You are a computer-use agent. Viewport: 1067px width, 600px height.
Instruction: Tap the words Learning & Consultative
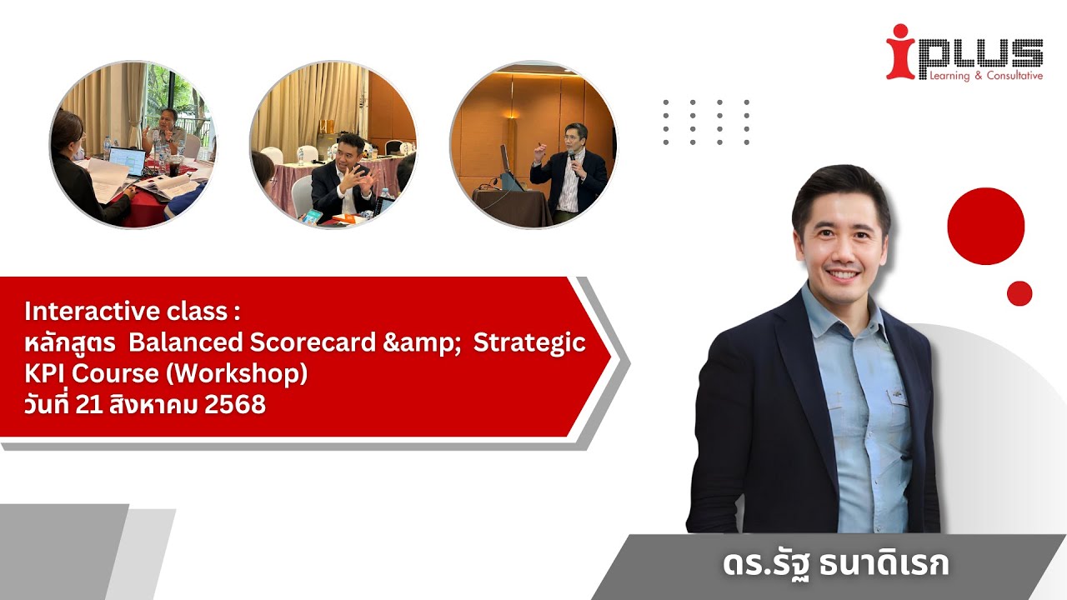pyautogui.click(x=980, y=76)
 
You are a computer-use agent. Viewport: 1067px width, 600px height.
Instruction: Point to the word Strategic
pyautogui.click(x=529, y=343)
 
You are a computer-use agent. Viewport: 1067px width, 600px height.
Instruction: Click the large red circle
pyautogui.click(x=985, y=226)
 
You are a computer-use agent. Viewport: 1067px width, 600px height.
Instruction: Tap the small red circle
pyautogui.click(x=1019, y=293)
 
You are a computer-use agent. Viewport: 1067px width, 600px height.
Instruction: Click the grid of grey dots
pyautogui.click(x=706, y=122)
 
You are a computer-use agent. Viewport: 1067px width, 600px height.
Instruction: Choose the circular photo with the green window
pyautogui.click(x=133, y=144)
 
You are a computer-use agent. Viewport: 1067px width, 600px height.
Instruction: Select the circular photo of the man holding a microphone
pyautogui.click(x=533, y=144)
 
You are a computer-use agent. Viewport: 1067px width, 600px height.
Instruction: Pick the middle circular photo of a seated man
pyautogui.click(x=333, y=144)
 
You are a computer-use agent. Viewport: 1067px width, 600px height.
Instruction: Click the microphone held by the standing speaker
pyautogui.click(x=573, y=156)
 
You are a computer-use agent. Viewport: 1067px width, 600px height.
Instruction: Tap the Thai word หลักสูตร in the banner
pyautogui.click(x=70, y=343)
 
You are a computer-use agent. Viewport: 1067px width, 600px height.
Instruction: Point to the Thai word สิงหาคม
pyautogui.click(x=158, y=406)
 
